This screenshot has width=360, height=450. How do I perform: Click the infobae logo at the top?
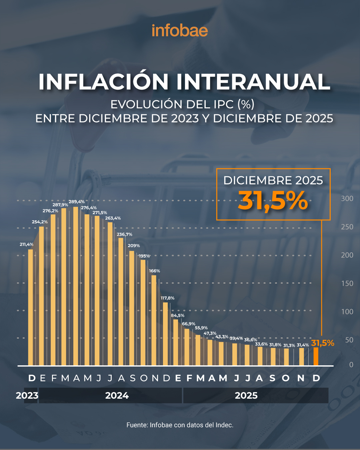(x=180, y=31)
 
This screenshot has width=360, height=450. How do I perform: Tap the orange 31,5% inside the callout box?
(x=273, y=201)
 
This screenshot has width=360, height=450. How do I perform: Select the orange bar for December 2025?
(x=316, y=356)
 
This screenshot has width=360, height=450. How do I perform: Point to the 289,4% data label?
(x=77, y=202)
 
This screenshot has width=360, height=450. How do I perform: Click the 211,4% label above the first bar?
(x=26, y=244)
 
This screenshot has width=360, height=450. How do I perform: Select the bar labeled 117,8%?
(x=165, y=334)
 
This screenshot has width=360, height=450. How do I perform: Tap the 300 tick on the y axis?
(x=347, y=199)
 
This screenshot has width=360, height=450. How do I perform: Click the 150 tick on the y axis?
(x=347, y=283)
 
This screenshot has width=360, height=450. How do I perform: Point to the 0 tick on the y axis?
(x=351, y=365)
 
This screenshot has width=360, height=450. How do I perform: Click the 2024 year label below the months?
(x=117, y=396)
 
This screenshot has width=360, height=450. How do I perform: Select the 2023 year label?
(x=27, y=396)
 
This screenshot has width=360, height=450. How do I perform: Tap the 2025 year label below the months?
(x=246, y=396)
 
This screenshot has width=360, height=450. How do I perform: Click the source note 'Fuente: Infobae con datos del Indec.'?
(x=180, y=425)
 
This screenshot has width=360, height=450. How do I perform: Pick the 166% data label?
(x=154, y=271)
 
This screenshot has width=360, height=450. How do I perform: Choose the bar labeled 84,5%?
(x=176, y=342)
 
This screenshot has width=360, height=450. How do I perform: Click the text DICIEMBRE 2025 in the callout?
(x=273, y=180)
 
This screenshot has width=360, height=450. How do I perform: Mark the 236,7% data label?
(x=124, y=234)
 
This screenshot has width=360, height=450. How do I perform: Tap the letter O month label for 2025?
(x=286, y=378)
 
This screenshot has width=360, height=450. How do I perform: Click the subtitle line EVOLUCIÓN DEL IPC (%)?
(x=182, y=104)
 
